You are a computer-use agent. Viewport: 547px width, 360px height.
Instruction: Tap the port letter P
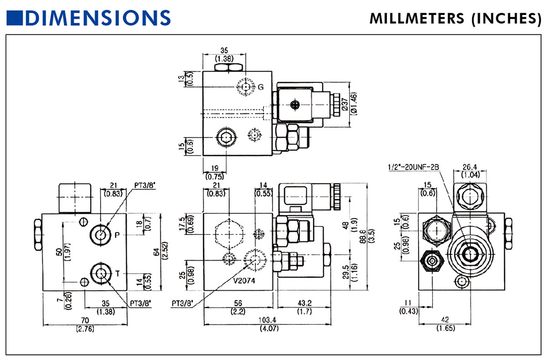point(117,235)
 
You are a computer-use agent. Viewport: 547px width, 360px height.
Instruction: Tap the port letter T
point(117,273)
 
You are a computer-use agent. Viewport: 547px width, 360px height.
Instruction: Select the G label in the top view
point(261,87)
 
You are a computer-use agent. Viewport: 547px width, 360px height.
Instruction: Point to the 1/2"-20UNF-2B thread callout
point(413,167)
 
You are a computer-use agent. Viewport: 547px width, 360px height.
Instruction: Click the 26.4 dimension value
point(470,167)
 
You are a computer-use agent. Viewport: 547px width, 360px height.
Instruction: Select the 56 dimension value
point(237,303)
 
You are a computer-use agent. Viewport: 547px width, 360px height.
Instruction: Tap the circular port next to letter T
point(101,273)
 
